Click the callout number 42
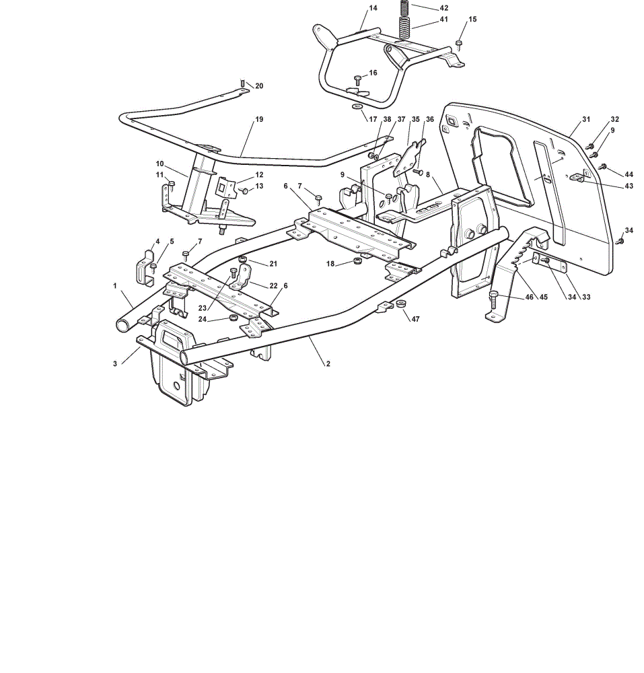tap(443, 7)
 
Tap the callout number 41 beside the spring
tap(443, 20)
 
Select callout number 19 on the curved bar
tap(259, 119)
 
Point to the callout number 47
tap(415, 319)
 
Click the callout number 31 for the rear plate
tap(586, 119)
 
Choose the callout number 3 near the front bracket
tap(115, 363)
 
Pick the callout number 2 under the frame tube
tap(328, 363)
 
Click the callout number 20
tap(259, 86)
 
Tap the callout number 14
tap(373, 7)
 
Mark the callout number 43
tap(629, 186)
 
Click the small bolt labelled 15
tap(459, 44)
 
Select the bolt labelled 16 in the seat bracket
tap(358, 80)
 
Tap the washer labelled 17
tap(357, 106)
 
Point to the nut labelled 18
tap(357, 260)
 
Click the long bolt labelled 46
tap(493, 299)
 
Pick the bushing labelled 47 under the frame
tap(400, 304)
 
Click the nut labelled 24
tap(234, 317)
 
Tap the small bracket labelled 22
tap(243, 277)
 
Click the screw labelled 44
tap(603, 166)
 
